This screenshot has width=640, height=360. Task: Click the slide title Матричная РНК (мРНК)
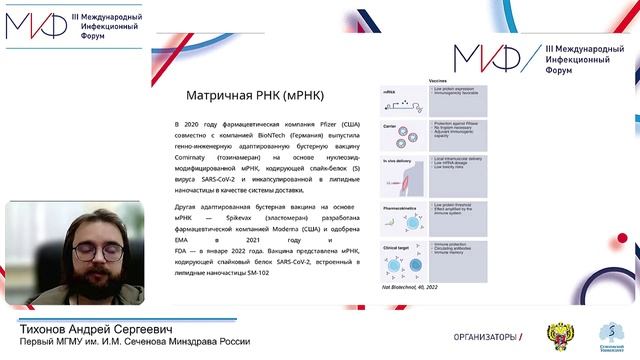[x=247, y=96]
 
